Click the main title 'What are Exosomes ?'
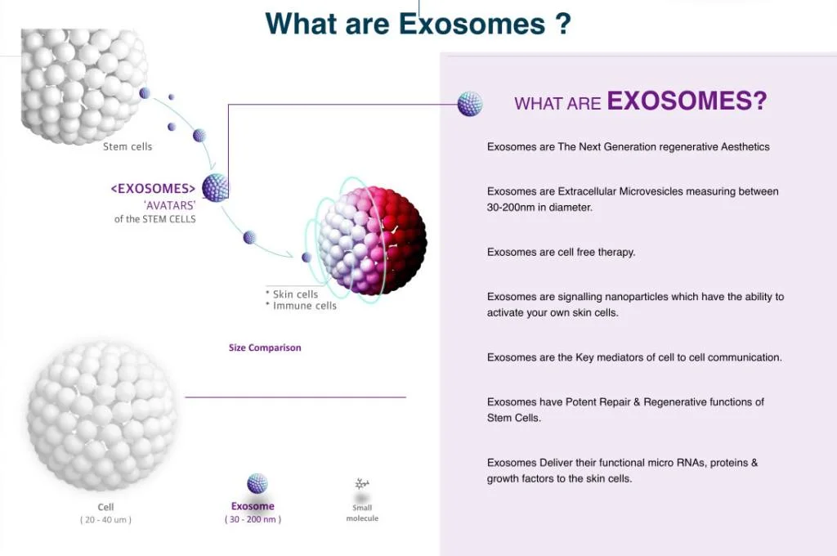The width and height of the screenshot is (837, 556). pyautogui.click(x=418, y=23)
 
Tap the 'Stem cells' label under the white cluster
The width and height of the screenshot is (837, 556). pyautogui.click(x=128, y=147)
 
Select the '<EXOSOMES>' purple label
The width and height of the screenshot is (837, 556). pyautogui.click(x=154, y=189)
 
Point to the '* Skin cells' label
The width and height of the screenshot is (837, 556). pyautogui.click(x=292, y=294)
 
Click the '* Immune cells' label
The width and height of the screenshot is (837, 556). pyautogui.click(x=300, y=306)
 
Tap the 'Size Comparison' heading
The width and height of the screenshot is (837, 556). pyautogui.click(x=265, y=347)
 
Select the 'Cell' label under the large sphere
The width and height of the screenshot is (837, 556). pyautogui.click(x=105, y=508)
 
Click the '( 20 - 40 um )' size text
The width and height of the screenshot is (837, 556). pyautogui.click(x=105, y=520)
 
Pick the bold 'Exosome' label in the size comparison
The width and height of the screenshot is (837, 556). pyautogui.click(x=253, y=506)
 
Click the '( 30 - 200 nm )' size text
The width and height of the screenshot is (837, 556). pyautogui.click(x=253, y=519)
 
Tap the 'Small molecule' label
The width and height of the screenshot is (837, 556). pyautogui.click(x=361, y=513)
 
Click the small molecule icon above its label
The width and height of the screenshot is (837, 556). pyautogui.click(x=361, y=485)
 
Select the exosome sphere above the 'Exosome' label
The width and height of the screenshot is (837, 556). pyautogui.click(x=257, y=483)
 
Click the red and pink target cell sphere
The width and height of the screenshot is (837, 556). pyautogui.click(x=373, y=240)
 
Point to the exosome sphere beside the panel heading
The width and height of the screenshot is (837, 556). pyautogui.click(x=469, y=104)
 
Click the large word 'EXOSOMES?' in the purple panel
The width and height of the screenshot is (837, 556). pyautogui.click(x=687, y=101)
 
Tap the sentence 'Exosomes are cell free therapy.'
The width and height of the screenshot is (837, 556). pyautogui.click(x=561, y=252)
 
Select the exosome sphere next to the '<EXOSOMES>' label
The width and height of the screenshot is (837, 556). pyautogui.click(x=215, y=187)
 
